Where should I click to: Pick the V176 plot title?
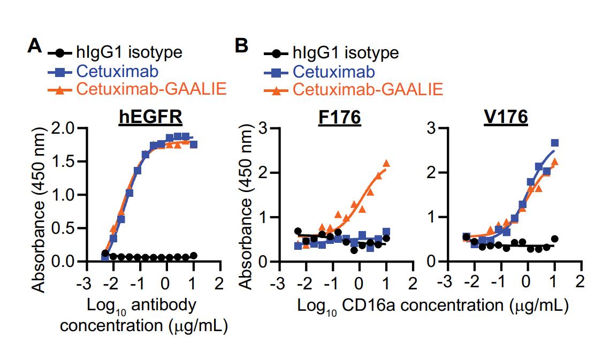tap(506, 117)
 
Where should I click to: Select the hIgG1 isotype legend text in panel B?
tap(346, 53)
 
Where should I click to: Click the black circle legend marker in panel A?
tap(60, 53)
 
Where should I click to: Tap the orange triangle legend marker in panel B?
tap(276, 89)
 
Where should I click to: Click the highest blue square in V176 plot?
tap(554, 143)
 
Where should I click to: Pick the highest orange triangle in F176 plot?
tap(386, 164)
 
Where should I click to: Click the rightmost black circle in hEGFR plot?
tap(193, 255)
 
